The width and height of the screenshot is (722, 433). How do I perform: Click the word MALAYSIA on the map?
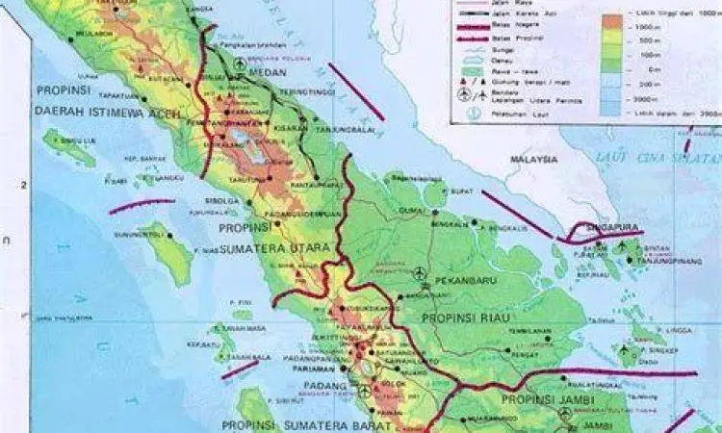pyautogui.click(x=535, y=159)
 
